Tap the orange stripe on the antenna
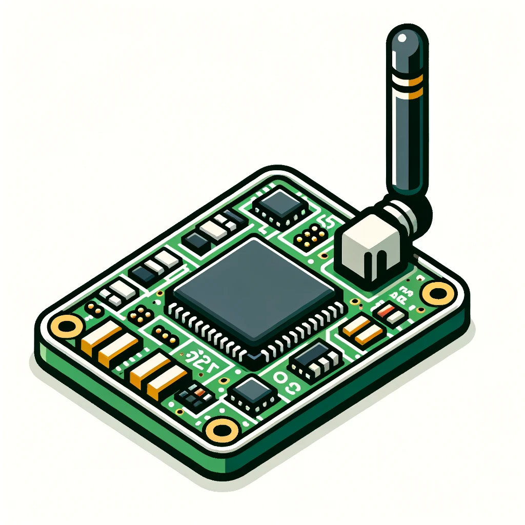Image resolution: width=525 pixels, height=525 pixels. (x=406, y=82)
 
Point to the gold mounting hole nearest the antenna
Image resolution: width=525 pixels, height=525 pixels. (x=438, y=293)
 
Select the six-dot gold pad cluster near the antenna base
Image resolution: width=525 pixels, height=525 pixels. (x=311, y=236)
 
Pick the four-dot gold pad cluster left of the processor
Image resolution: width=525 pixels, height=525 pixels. (x=140, y=314)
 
